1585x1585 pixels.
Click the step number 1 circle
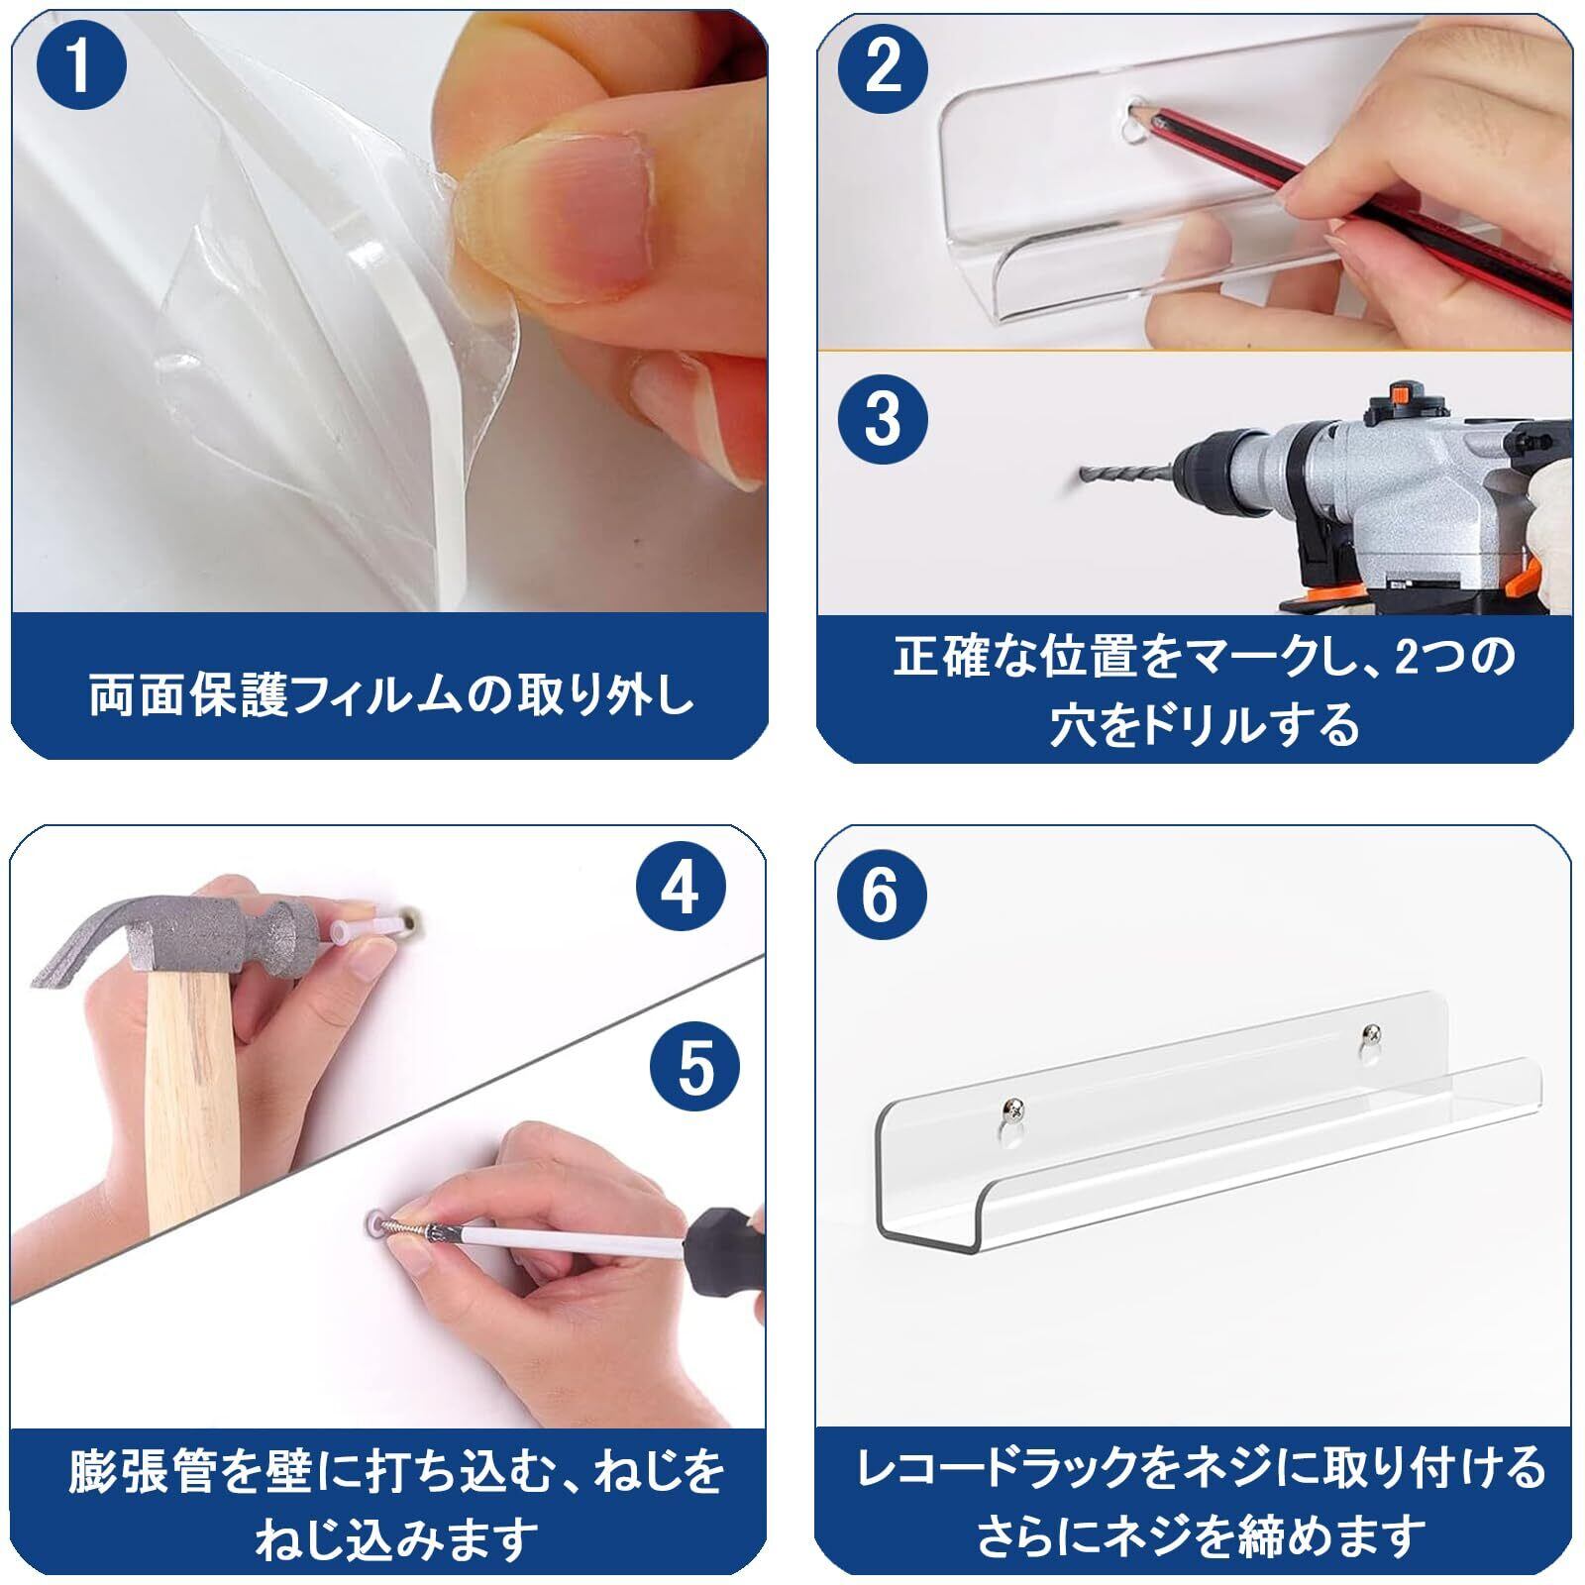[x=81, y=64]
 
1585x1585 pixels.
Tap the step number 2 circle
[x=883, y=66]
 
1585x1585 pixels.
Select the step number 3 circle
[x=883, y=418]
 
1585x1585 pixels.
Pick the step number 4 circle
[x=680, y=888]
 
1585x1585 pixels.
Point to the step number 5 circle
[x=695, y=1068]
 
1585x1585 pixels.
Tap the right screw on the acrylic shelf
[x=1370, y=1036]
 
